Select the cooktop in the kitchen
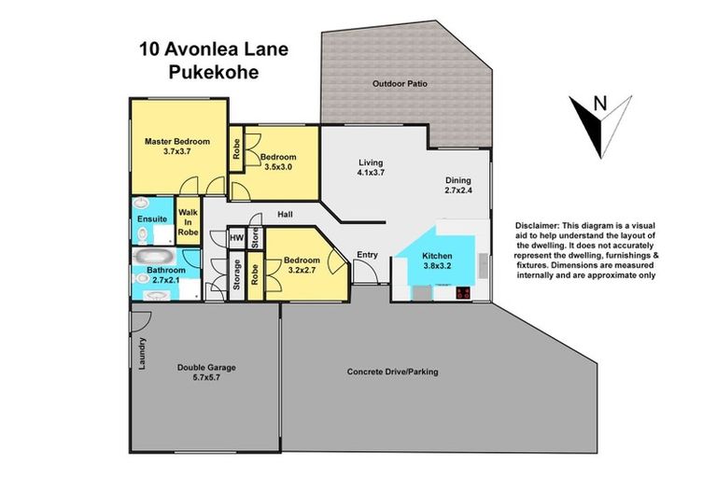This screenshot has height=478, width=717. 462,292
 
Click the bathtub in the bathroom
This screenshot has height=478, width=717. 151,254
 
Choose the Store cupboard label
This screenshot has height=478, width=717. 254,239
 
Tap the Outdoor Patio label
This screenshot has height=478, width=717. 400,84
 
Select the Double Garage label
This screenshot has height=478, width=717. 206,367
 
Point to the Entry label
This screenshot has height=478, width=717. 367,254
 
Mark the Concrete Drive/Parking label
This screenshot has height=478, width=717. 392,372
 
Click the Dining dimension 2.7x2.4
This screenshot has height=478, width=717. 457,191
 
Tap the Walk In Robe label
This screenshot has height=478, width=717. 189,222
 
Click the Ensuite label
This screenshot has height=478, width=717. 151,219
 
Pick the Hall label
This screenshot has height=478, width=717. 285,216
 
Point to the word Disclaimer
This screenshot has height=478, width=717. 539,226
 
